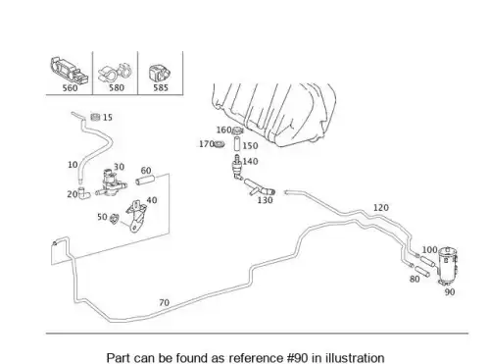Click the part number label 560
[70, 88]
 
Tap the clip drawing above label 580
[115, 74]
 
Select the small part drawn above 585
[160, 74]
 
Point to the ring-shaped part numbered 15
[95, 117]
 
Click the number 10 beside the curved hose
[73, 165]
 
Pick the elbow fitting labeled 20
[84, 193]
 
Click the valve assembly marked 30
[111, 183]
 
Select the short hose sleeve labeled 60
[144, 181]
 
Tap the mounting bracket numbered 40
[136, 216]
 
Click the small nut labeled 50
[114, 219]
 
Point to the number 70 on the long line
[164, 302]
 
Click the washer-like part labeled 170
[220, 144]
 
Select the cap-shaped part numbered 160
[237, 130]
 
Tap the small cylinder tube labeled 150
[237, 145]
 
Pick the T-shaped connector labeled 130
[259, 187]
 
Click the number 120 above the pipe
[381, 207]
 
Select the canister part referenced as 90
[448, 266]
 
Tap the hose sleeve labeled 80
[421, 271]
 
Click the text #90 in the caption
[297, 358]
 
